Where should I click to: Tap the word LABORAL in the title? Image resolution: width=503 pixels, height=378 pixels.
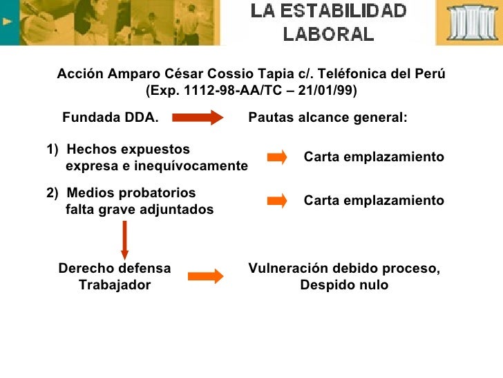[329, 33]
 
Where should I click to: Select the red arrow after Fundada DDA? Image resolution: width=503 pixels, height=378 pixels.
[198, 118]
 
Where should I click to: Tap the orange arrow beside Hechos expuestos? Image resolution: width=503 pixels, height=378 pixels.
[276, 157]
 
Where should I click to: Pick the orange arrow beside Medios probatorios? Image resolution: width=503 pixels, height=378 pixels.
[276, 201]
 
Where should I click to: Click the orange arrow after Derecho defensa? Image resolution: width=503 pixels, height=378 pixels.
[206, 276]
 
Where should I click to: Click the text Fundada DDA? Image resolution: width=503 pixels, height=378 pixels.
[111, 118]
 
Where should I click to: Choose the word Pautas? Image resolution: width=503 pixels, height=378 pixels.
[270, 118]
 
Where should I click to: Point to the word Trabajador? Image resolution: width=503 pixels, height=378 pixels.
[115, 285]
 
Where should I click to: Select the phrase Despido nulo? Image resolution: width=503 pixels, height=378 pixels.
[344, 285]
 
